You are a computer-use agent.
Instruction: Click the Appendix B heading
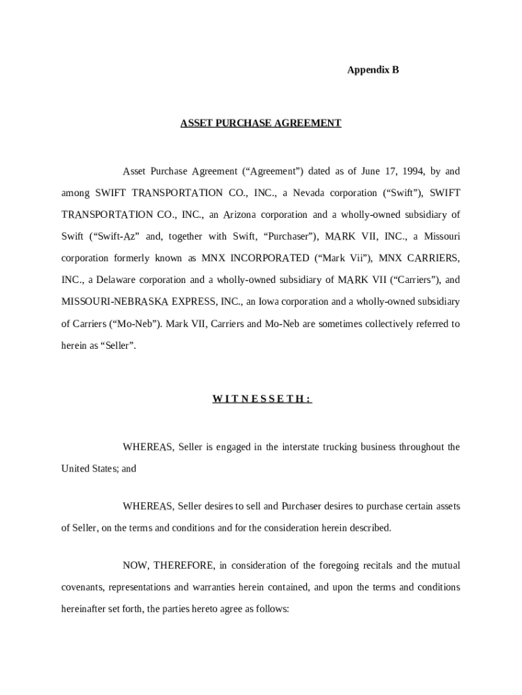(x=373, y=70)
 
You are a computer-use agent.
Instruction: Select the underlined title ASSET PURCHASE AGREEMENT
(x=260, y=124)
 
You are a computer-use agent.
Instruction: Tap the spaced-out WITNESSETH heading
(x=262, y=399)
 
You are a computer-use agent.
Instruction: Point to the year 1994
(x=399, y=172)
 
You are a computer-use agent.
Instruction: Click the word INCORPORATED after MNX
(x=270, y=259)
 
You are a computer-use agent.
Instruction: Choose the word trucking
(x=322, y=447)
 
